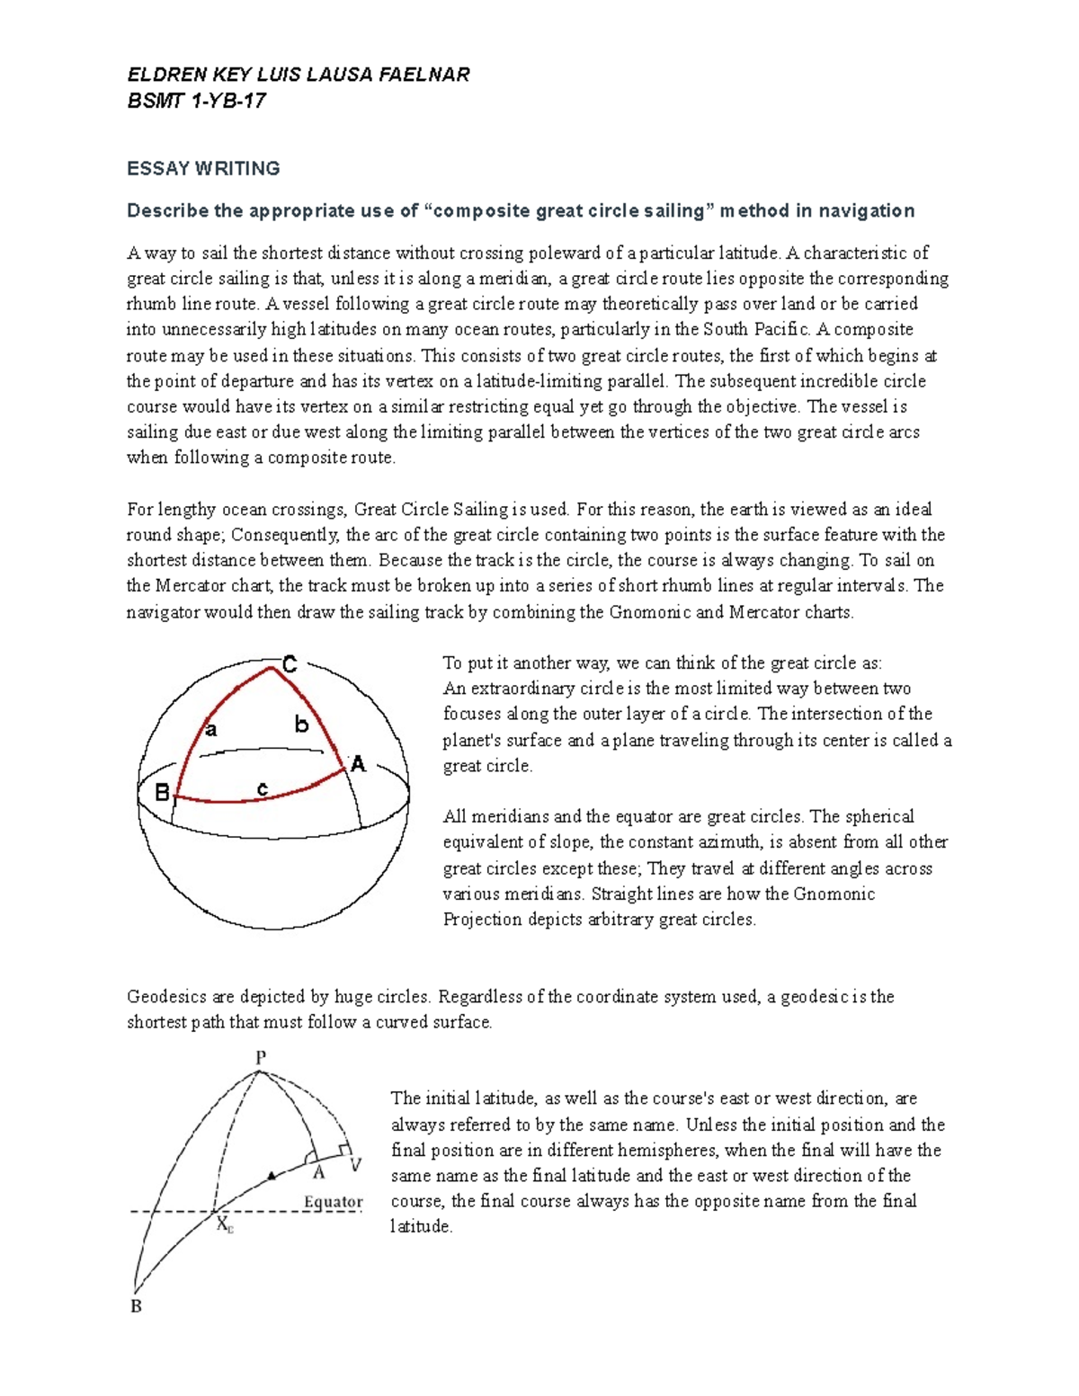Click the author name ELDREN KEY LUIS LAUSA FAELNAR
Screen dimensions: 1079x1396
pos(298,75)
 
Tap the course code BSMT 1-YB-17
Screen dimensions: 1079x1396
pos(196,101)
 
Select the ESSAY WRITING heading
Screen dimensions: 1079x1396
pos(203,168)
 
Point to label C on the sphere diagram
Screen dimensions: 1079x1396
pos(290,665)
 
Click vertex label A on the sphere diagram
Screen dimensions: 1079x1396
pos(358,765)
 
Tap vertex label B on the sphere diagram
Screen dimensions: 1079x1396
pos(162,792)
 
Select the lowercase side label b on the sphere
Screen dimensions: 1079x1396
pos(301,724)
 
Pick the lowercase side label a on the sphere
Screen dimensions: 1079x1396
pos(211,729)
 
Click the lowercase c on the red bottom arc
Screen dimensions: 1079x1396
pos(263,788)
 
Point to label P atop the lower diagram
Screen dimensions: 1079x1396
pos(261,1057)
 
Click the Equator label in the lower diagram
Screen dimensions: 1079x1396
pos(333,1202)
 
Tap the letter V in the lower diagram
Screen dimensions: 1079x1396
pos(355,1165)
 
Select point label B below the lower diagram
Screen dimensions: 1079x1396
pos(137,1306)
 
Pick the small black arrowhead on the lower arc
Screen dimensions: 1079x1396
pos(272,1175)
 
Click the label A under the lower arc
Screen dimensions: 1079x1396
pos(318,1172)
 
